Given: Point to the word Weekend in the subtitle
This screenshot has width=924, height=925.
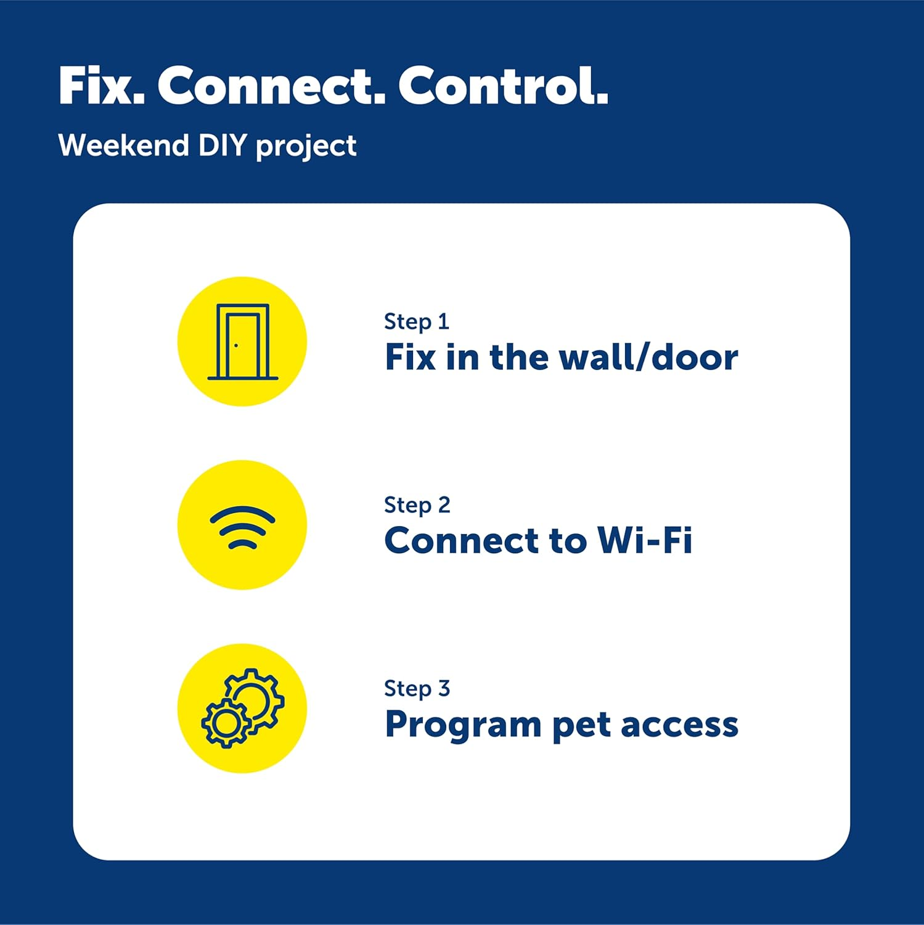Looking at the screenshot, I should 123,146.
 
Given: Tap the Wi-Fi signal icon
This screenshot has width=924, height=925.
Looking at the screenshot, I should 242,527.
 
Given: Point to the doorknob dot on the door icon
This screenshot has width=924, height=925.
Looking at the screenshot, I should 236,345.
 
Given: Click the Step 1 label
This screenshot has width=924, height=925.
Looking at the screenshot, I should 416,321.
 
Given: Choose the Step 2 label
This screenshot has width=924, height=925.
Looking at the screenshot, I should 417,504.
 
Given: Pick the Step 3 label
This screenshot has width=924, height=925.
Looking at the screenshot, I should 417,688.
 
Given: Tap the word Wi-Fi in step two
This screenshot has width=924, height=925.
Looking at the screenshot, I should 644,541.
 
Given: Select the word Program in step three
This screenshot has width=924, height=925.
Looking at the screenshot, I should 463,725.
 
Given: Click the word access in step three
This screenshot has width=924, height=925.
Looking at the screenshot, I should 679,725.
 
